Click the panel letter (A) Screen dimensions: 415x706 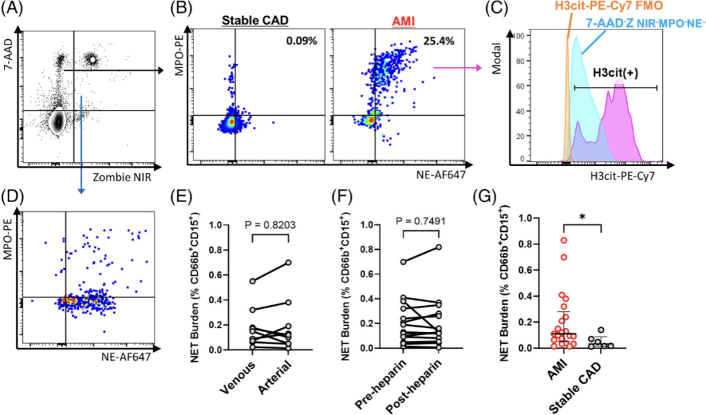pos(14,9)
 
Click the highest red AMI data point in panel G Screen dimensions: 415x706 pos(563,241)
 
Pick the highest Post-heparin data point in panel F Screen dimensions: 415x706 pos(439,247)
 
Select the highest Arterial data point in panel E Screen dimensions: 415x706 pos(288,263)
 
